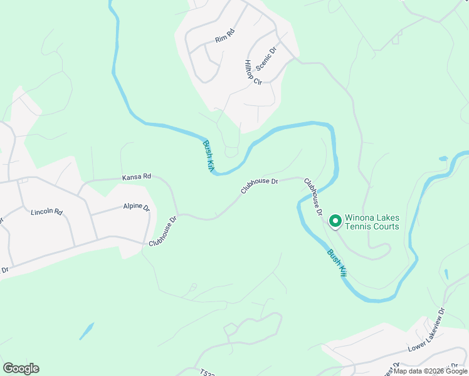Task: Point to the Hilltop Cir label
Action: (253, 73)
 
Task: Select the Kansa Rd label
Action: (137, 177)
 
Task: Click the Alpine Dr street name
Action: (136, 207)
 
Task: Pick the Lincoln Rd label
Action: (47, 212)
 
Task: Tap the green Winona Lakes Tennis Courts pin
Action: (335, 221)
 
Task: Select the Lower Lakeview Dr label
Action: (426, 330)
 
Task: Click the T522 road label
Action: (208, 372)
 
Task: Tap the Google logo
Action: (21, 368)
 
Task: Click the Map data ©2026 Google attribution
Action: (431, 371)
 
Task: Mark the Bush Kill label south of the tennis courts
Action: (336, 263)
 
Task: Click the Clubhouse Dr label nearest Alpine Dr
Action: (164, 231)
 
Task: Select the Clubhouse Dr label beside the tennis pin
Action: (312, 197)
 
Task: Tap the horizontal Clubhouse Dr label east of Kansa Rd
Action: (258, 185)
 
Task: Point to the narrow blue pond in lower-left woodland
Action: (87, 331)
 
